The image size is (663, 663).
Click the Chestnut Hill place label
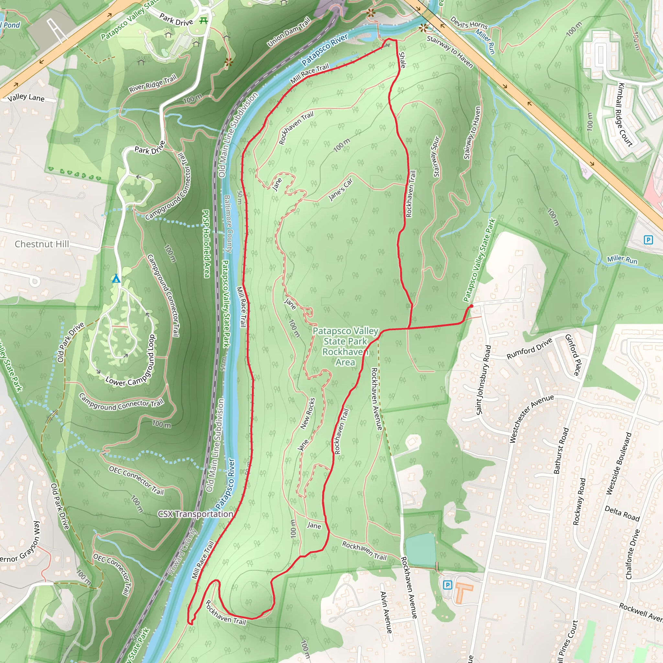point(42,244)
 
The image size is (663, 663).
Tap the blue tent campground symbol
point(116,278)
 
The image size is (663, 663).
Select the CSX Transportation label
point(195,514)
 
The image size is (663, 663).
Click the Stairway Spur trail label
point(436,157)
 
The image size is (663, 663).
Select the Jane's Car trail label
point(341,189)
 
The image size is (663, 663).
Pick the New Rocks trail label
point(308,413)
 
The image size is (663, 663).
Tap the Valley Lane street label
point(26,97)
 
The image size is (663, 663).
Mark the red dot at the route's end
point(471,306)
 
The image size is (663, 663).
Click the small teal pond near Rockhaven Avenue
point(421,550)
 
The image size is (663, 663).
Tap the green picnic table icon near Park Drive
point(204,20)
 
